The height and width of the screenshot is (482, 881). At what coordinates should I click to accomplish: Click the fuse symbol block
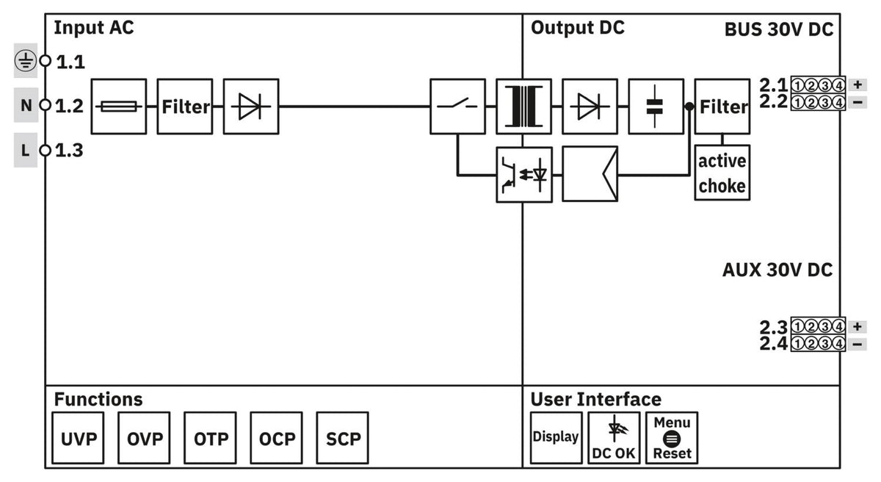click(x=119, y=107)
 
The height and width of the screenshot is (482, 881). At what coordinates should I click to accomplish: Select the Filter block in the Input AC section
click(x=185, y=107)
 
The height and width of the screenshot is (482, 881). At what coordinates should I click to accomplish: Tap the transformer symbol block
click(x=524, y=107)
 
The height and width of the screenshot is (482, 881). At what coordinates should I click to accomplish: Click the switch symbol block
click(x=458, y=107)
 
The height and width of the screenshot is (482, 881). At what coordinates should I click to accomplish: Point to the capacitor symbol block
click(x=656, y=107)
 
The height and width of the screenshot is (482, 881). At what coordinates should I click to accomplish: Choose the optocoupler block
click(x=524, y=175)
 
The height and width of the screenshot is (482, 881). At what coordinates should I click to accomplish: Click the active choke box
click(x=722, y=173)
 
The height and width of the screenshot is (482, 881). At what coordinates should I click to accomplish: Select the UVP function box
click(x=78, y=438)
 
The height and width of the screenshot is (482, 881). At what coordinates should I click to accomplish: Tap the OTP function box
click(x=210, y=438)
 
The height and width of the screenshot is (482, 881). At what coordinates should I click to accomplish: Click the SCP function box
click(x=343, y=438)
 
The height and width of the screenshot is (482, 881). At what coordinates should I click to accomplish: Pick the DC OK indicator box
click(x=614, y=438)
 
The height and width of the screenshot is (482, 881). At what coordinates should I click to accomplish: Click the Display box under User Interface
click(x=556, y=438)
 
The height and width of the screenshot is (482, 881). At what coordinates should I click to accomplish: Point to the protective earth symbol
click(x=26, y=61)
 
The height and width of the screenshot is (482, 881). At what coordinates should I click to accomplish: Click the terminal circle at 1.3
click(x=46, y=151)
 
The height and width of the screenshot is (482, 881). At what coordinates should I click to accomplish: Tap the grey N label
click(x=26, y=105)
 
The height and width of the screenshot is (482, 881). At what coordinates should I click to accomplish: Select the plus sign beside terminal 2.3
click(x=858, y=326)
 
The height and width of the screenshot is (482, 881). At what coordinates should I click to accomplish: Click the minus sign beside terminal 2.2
click(x=858, y=102)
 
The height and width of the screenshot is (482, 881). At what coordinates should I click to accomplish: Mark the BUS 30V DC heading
click(x=779, y=29)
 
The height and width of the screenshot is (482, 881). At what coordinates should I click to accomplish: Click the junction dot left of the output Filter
click(x=689, y=107)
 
